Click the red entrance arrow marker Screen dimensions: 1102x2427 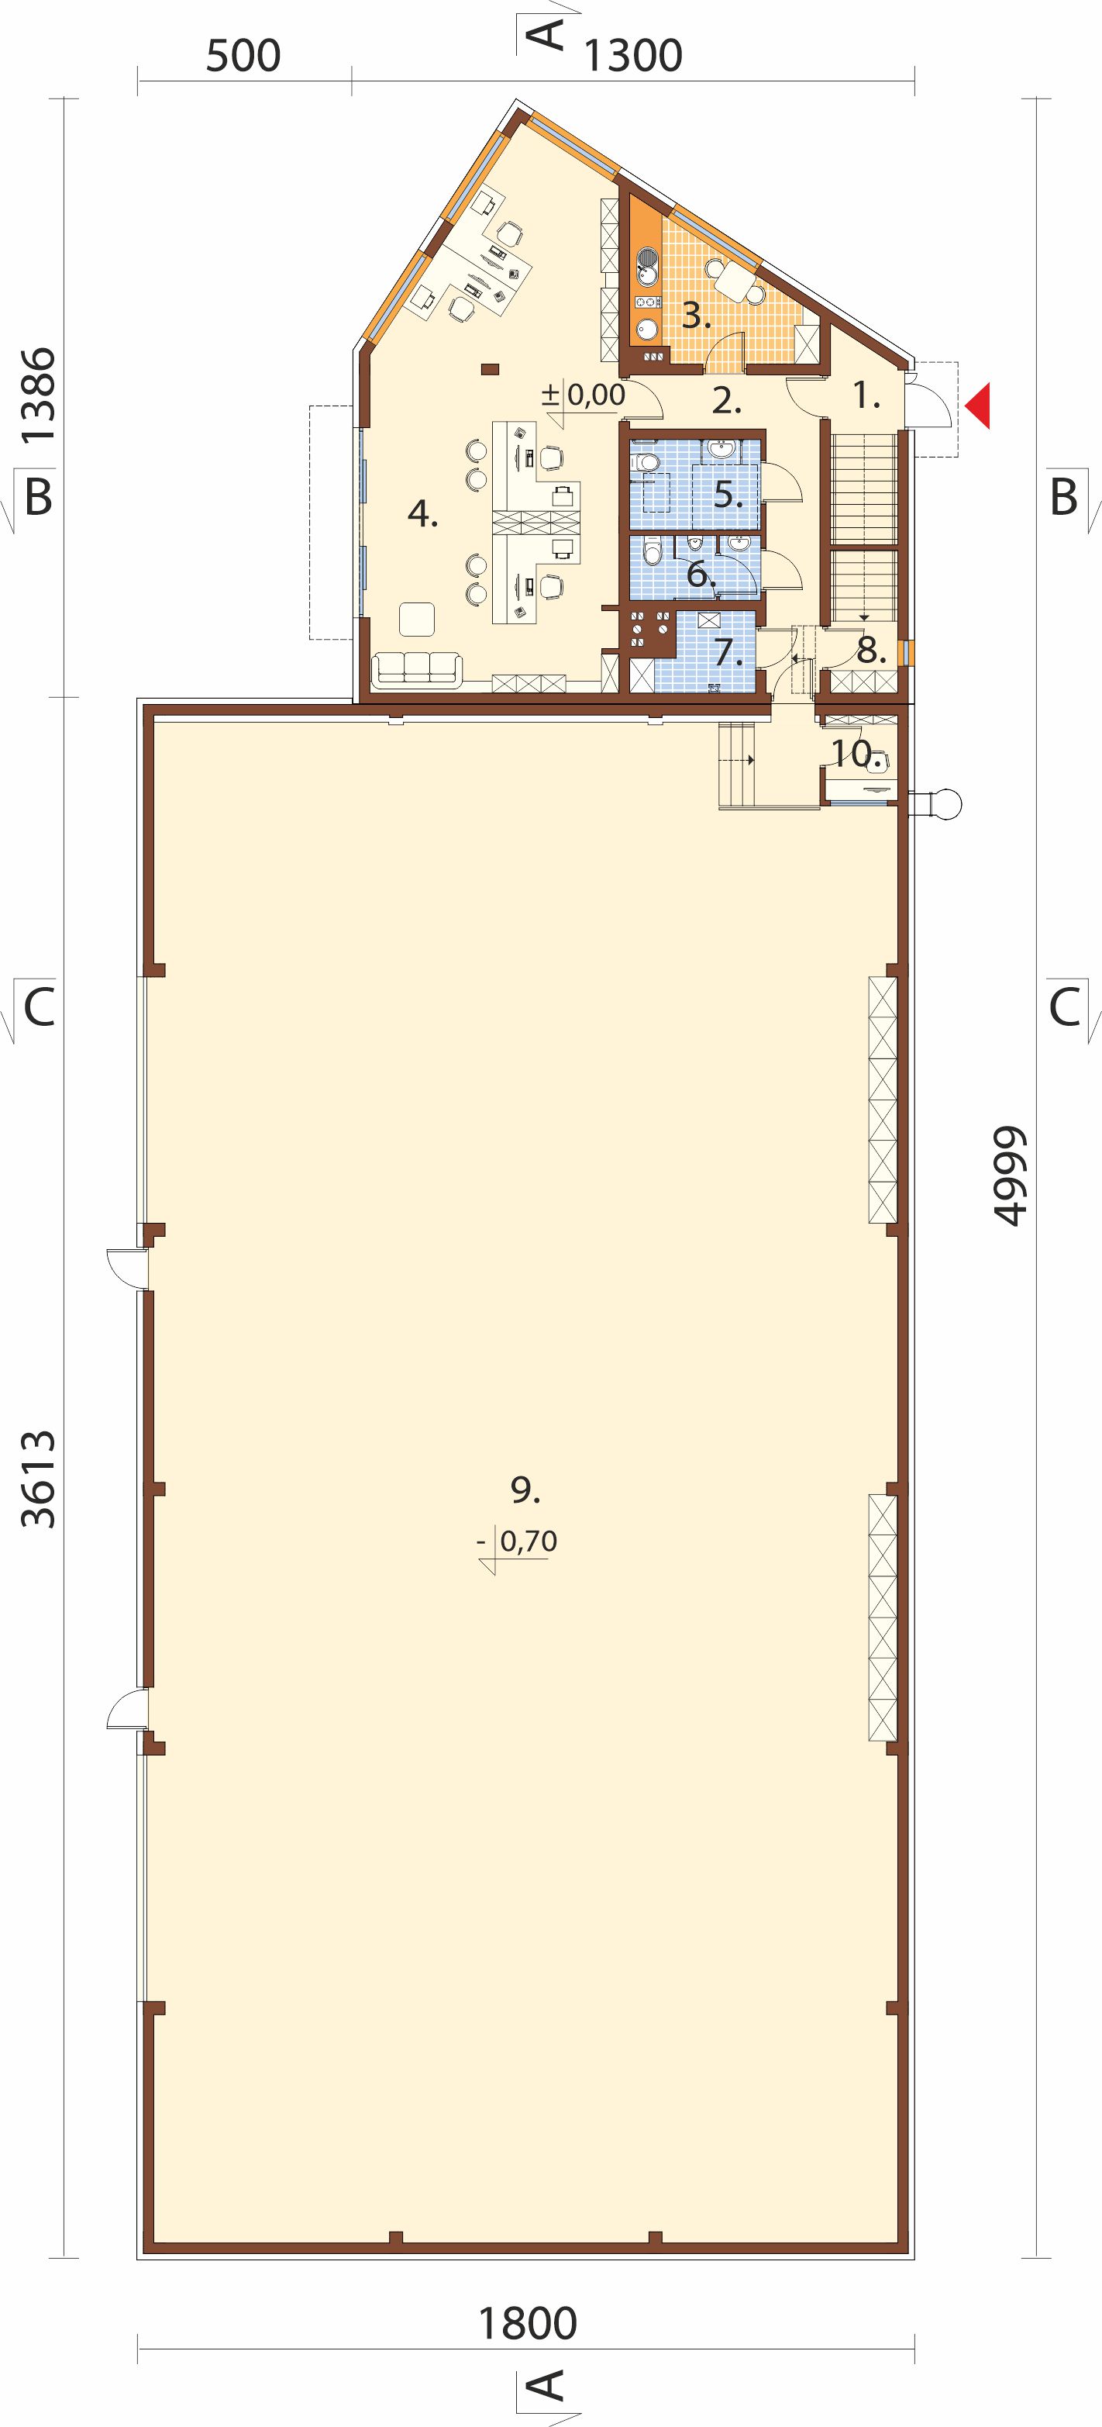pyautogui.click(x=978, y=406)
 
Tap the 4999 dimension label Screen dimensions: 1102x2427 pyautogui.click(x=1010, y=1175)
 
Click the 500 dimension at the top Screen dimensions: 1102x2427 pyautogui.click(x=243, y=57)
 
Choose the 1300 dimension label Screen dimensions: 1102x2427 pyautogui.click(x=633, y=57)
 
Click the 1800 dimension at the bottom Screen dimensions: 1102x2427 pyautogui.click(x=528, y=2323)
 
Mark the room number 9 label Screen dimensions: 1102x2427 pyautogui.click(x=525, y=1490)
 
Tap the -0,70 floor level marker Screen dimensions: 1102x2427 pyautogui.click(x=517, y=1542)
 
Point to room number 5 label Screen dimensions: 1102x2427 pyautogui.click(x=727, y=494)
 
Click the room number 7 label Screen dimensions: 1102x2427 pyautogui.click(x=727, y=651)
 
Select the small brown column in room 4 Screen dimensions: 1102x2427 pyautogui.click(x=489, y=368)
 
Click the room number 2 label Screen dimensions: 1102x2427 pyautogui.click(x=726, y=402)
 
